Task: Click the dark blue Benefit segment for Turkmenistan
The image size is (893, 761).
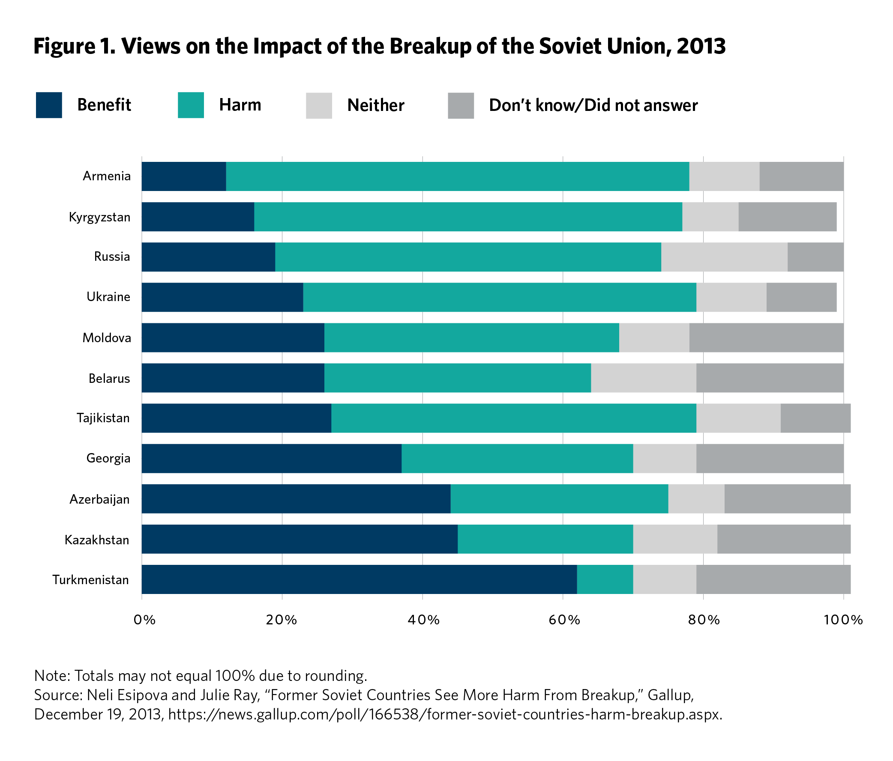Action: (x=359, y=579)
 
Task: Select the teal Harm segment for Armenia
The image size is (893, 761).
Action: (x=457, y=176)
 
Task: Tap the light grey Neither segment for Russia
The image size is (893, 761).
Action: (x=724, y=257)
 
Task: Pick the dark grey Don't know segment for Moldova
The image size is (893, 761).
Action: (x=766, y=337)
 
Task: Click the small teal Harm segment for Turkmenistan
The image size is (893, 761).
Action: (x=605, y=579)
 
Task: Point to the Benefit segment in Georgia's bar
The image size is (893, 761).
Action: (x=272, y=458)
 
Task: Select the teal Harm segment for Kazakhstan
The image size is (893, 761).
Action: (x=545, y=539)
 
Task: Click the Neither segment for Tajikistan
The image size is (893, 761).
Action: (x=738, y=418)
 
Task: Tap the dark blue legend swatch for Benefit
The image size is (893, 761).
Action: (x=49, y=105)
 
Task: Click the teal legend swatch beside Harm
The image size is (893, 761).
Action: (x=191, y=105)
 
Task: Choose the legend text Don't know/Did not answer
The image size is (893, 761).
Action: (x=593, y=105)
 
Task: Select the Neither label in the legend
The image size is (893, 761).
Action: (x=375, y=105)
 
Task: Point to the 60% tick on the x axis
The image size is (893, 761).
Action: (x=564, y=620)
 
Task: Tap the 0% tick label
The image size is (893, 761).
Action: (x=144, y=620)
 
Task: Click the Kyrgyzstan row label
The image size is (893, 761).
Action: (x=99, y=217)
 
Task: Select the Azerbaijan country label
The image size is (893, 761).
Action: (x=99, y=499)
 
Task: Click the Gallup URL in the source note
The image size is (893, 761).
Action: (x=444, y=714)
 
